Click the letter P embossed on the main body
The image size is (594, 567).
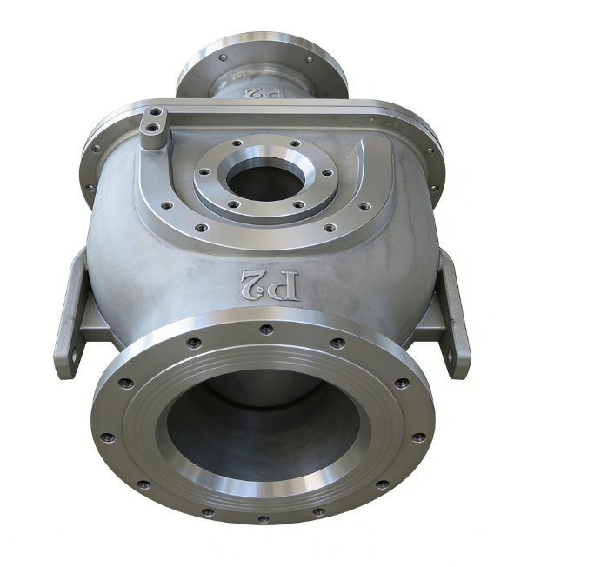285,285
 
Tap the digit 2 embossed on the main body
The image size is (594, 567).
254,283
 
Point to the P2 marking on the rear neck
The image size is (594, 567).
265,93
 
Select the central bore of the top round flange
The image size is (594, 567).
264,179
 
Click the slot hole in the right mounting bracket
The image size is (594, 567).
451,355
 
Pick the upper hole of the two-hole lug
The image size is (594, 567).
156,112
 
